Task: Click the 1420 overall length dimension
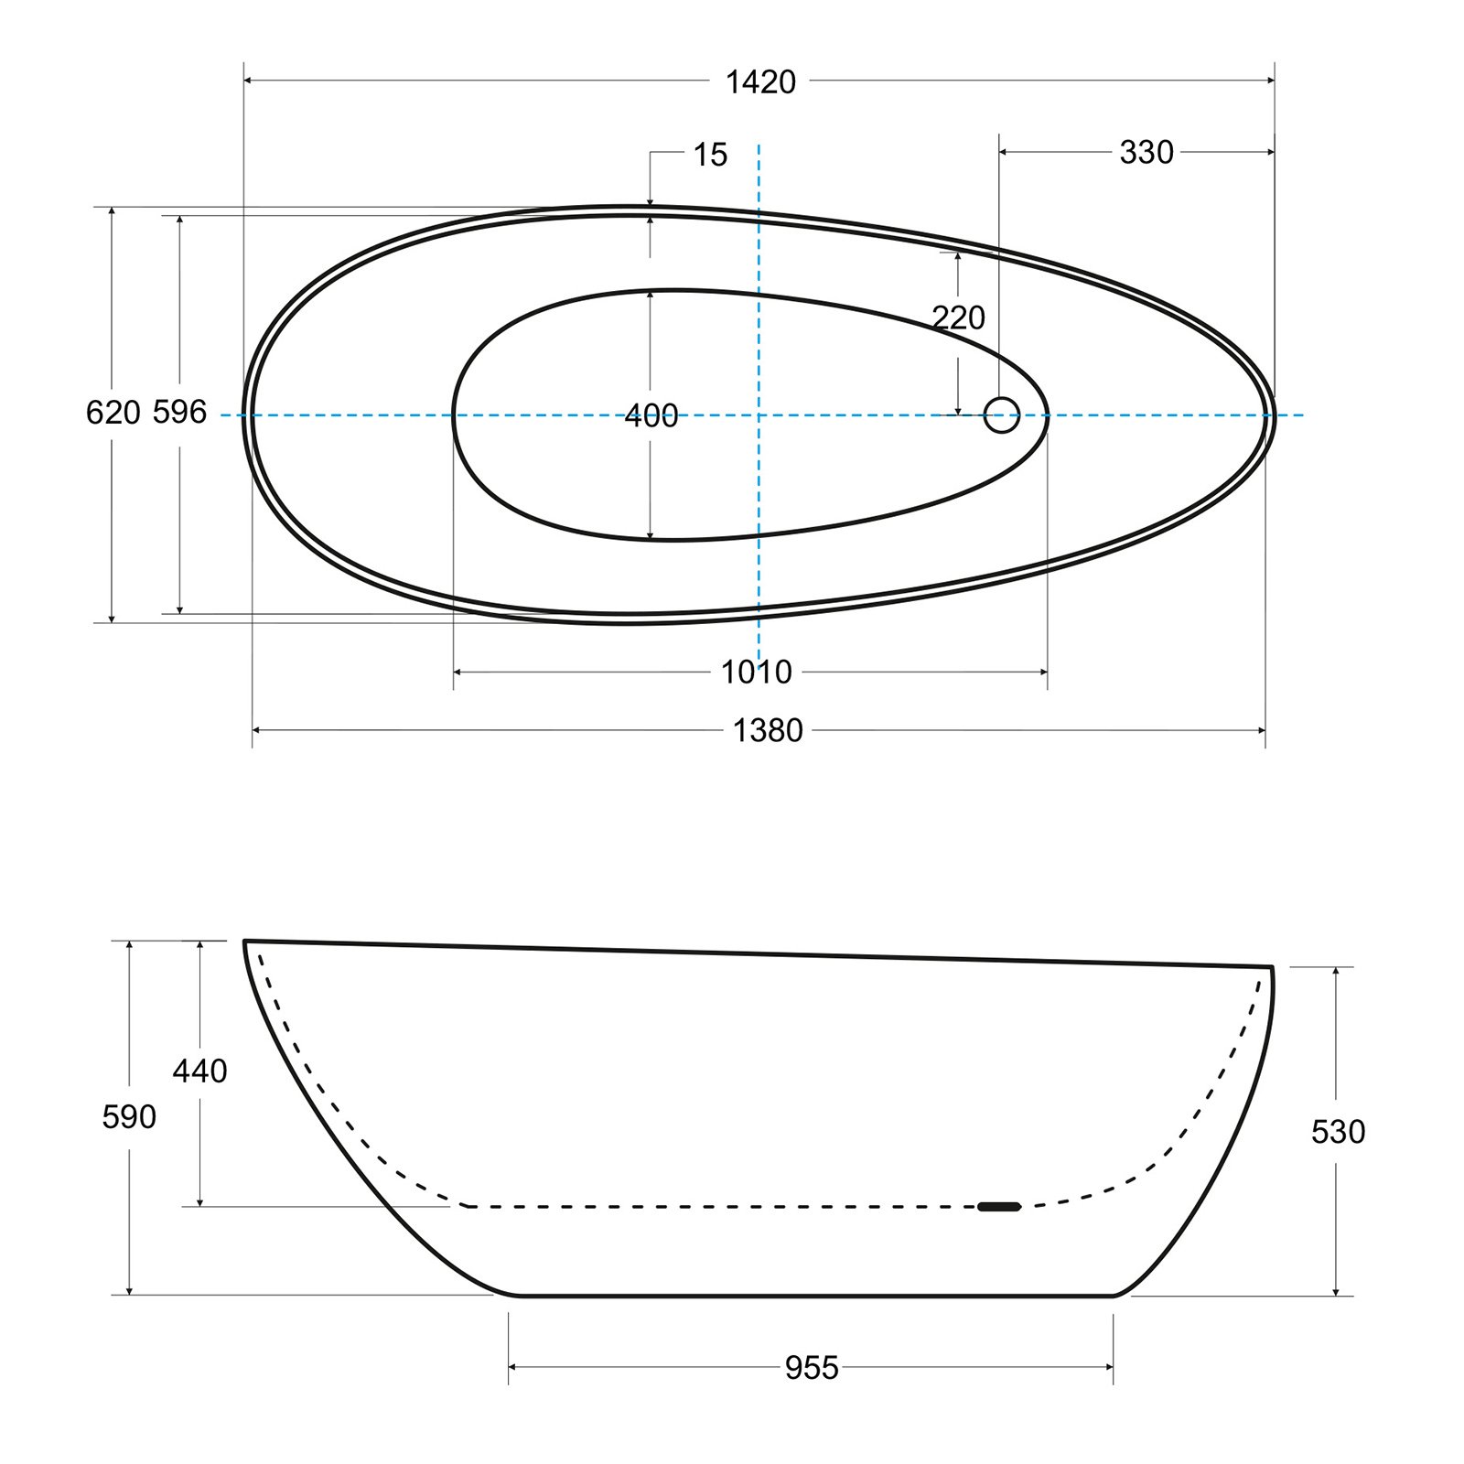760,82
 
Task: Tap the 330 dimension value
1146,153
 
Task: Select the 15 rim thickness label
710,156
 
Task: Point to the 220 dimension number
959,318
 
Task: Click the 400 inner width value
651,416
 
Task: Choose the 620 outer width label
113,413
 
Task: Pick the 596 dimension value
179,413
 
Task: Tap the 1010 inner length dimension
756,673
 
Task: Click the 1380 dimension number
768,730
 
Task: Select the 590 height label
129,1117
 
